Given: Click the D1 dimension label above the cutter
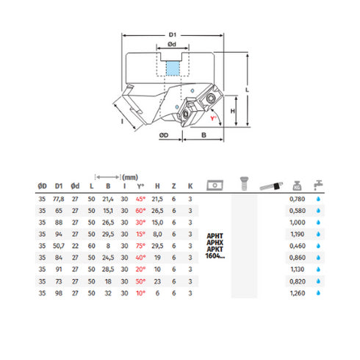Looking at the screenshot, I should coord(173,34).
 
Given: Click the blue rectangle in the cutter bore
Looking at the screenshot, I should coord(172,70).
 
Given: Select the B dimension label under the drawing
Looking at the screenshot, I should coord(203,136).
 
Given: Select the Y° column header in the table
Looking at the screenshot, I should coord(141,186).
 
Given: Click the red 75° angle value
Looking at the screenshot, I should coord(141,246).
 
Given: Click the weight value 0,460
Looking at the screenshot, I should coord(295,246).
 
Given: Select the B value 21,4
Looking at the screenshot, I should coord(107,198).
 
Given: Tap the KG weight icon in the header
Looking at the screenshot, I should coord(296,184).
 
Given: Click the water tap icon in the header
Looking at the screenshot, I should coord(319,184).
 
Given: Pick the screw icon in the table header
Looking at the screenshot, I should coord(241,183).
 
